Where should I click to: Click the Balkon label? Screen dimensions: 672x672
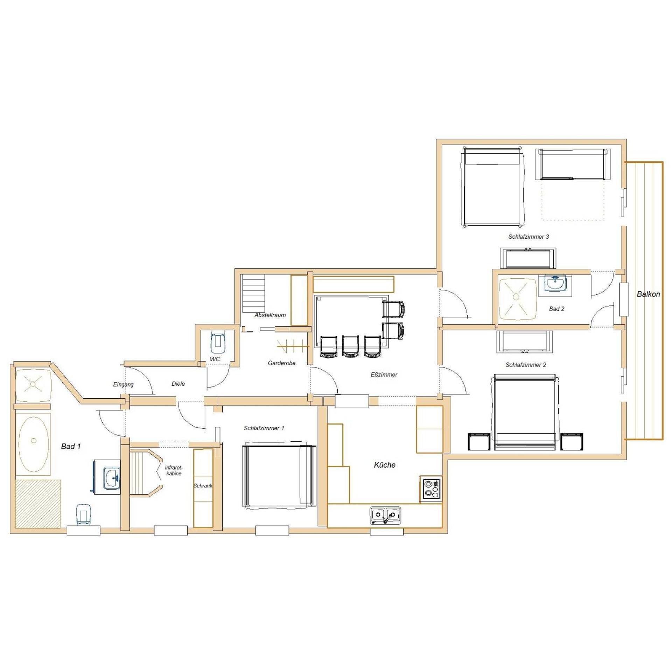tap(648, 294)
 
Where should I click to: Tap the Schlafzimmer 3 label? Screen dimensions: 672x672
tap(528, 237)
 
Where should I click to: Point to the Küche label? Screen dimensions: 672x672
tap(385, 465)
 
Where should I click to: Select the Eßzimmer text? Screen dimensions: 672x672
tap(384, 374)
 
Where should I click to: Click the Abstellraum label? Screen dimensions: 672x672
tap(270, 315)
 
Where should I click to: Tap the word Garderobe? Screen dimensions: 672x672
tap(281, 363)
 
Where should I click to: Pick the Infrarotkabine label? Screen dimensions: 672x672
tap(174, 470)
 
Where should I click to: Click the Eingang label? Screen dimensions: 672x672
tap(123, 384)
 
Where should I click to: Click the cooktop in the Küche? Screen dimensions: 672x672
tap(430, 489)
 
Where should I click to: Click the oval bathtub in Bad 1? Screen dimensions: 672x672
tap(34, 440)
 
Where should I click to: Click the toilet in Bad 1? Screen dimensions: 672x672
tap(83, 514)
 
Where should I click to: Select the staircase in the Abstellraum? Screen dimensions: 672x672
tap(254, 293)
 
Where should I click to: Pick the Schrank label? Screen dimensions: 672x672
tap(203, 486)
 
